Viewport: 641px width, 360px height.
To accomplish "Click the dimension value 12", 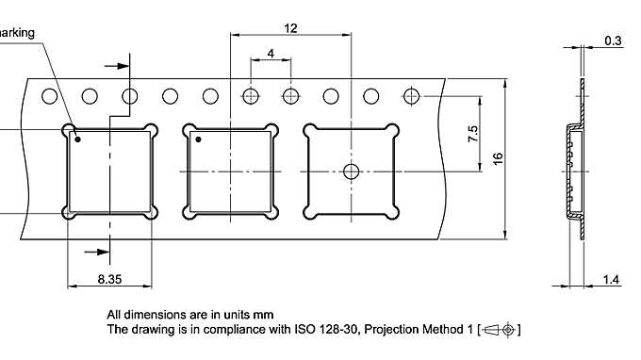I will click(x=291, y=28).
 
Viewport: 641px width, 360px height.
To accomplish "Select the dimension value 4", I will click(x=271, y=54).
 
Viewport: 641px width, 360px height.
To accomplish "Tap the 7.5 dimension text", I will click(x=473, y=133).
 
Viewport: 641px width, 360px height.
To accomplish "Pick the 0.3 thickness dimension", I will click(x=613, y=41).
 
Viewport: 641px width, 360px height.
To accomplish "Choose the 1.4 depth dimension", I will click(x=612, y=280).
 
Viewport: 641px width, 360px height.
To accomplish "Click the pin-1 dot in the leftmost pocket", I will click(x=78, y=140).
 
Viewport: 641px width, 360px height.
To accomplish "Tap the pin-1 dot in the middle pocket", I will click(x=199, y=140).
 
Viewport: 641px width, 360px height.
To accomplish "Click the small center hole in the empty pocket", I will click(x=351, y=171).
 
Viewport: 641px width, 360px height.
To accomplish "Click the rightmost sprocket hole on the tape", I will click(x=411, y=95).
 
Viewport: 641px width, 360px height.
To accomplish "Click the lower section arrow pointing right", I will click(x=94, y=251).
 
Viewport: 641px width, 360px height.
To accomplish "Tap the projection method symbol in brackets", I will click(x=499, y=330).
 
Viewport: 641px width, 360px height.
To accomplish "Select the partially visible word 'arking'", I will click(x=17, y=33).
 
